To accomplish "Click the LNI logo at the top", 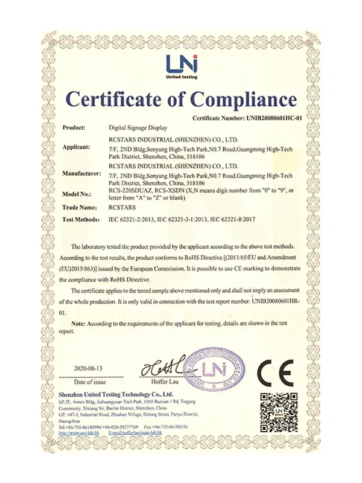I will [x=182, y=65].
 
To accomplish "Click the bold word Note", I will [x=78, y=324].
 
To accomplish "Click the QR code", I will [x=278, y=412].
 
